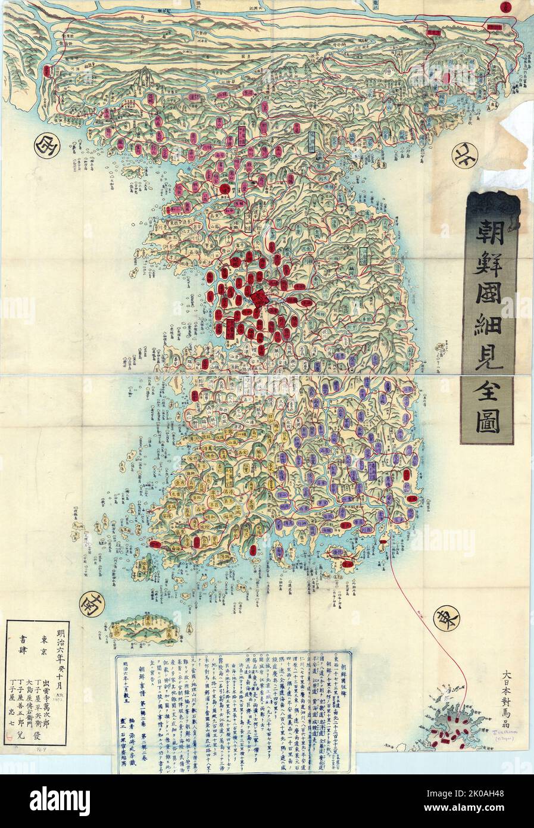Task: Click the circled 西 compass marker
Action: point(44,144)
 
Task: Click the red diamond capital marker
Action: point(259,298)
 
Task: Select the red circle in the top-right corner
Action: point(522,7)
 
